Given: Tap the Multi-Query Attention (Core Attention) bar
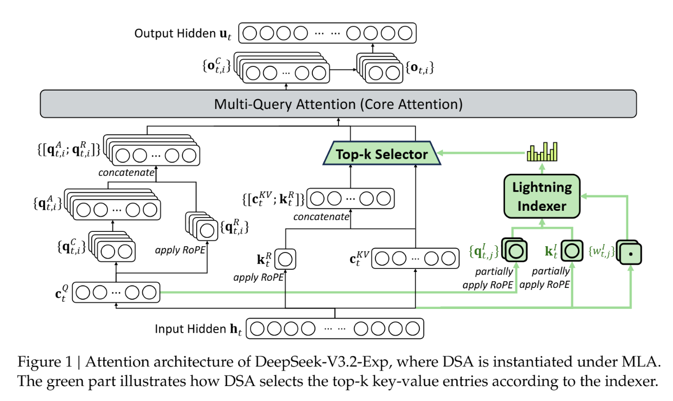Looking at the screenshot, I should (338, 104).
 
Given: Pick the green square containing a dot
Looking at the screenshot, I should (630, 252).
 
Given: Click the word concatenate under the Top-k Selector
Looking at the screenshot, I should (321, 217).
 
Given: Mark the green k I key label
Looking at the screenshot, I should (552, 251).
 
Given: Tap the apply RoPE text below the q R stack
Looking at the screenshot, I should (177, 252).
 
